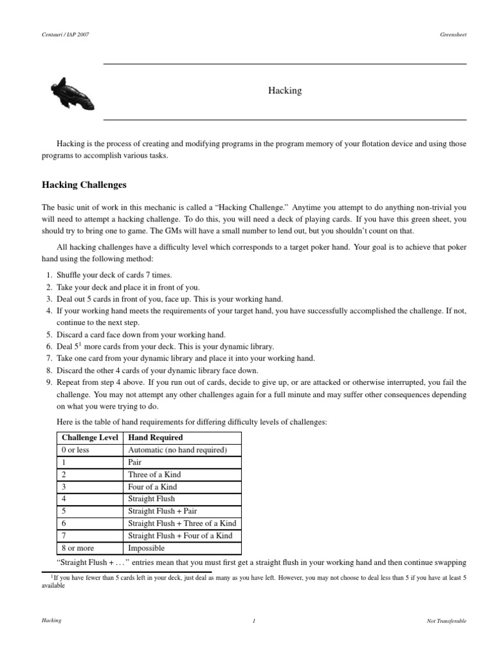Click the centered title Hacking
[x=284, y=91]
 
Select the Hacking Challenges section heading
[x=84, y=185]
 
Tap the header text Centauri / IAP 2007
[x=66, y=34]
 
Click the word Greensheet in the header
[x=452, y=34]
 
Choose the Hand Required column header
[x=156, y=438]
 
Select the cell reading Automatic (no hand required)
[x=176, y=450]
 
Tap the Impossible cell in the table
[x=147, y=548]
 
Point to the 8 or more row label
[x=76, y=548]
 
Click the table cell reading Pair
[x=135, y=462]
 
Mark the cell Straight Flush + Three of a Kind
[x=182, y=523]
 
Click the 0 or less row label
[x=73, y=450]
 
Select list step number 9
[x=49, y=382]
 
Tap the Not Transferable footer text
[x=446, y=621]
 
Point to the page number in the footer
[x=254, y=621]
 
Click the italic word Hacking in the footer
[x=51, y=621]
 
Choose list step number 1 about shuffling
[x=49, y=275]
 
